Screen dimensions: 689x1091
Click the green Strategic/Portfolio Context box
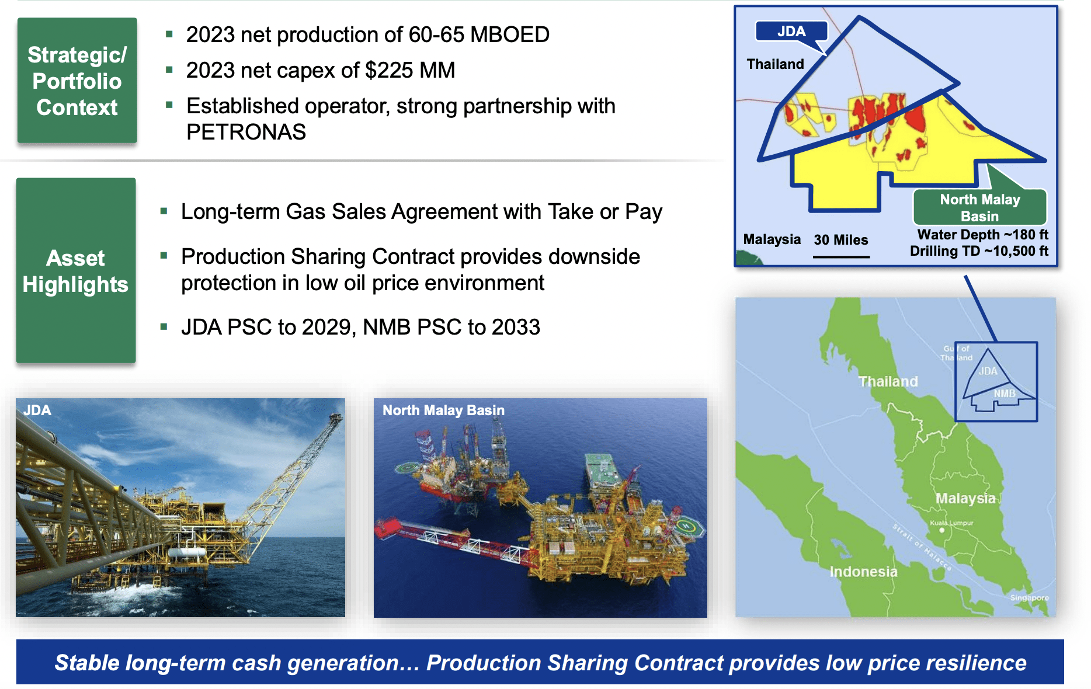coord(77,81)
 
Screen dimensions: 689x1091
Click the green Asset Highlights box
coord(76,270)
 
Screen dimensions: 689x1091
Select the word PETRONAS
coord(246,133)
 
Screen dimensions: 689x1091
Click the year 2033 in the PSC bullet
coord(516,328)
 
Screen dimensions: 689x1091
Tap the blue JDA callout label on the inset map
coord(791,32)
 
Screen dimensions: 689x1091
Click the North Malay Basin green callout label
coord(979,207)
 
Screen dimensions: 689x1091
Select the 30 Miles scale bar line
coord(841,256)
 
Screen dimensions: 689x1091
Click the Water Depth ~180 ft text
coord(982,235)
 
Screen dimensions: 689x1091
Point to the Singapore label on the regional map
coord(1029,598)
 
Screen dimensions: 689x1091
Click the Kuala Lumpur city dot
coord(941,530)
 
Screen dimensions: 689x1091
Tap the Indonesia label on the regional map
coord(863,572)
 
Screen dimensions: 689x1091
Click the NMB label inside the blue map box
coord(1005,394)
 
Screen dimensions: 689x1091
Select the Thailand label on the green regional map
coord(888,382)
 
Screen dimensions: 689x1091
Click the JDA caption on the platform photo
coord(37,410)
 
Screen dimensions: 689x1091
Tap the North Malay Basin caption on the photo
coord(443,410)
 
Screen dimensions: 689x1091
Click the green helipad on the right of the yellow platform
coord(687,527)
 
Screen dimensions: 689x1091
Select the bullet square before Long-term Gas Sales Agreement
coord(164,211)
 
